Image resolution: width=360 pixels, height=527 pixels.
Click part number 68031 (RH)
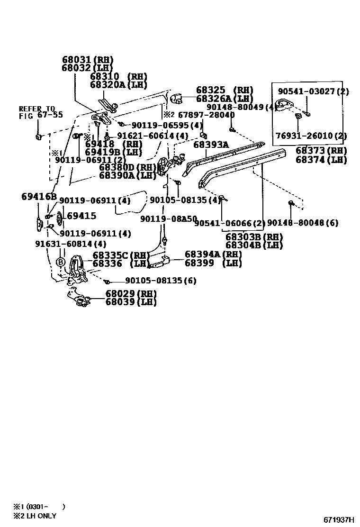pos(88,60)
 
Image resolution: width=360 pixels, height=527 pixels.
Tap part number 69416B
pos(39,196)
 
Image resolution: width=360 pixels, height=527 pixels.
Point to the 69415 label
pos(81,216)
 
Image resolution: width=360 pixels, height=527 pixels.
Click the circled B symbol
pos(61,262)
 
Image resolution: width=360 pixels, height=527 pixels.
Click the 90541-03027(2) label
pos(313,91)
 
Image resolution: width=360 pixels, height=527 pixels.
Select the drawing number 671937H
pos(339,519)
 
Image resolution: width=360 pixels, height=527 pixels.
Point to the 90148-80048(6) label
pos(303,222)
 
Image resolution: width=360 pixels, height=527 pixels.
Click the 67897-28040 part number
pos(206,115)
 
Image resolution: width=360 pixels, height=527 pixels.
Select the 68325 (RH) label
pos(225,90)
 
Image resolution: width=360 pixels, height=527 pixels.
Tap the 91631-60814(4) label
pos(71,244)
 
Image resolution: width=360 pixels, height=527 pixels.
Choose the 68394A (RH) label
pos(213,254)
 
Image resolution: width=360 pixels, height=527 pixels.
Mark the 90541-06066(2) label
pos(230,223)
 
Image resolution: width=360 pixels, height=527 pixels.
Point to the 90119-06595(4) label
pos(167,125)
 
